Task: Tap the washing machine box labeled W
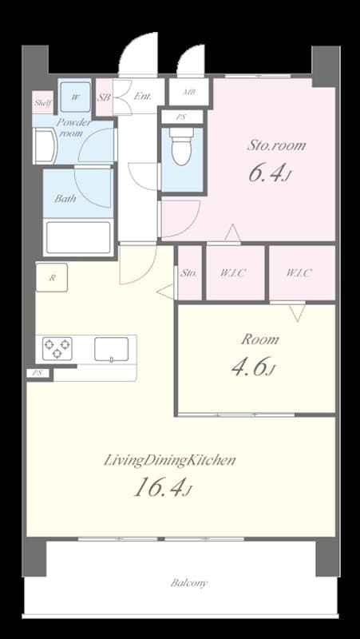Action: tap(76, 97)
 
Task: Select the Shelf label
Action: tap(42, 102)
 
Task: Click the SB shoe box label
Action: tap(104, 97)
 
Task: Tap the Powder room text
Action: tap(74, 128)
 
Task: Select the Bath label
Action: tap(65, 198)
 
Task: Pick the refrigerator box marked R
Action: tap(52, 278)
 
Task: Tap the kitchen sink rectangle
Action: tap(112, 349)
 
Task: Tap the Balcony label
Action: tap(189, 583)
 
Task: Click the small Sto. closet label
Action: tap(189, 273)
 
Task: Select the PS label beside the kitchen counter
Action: tap(36, 373)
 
